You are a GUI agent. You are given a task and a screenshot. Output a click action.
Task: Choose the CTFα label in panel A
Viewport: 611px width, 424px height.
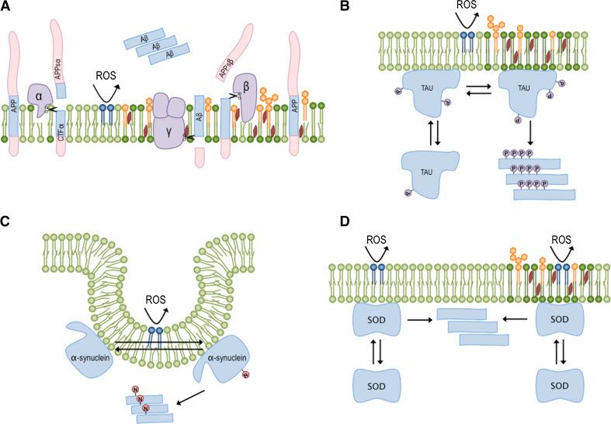61,139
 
